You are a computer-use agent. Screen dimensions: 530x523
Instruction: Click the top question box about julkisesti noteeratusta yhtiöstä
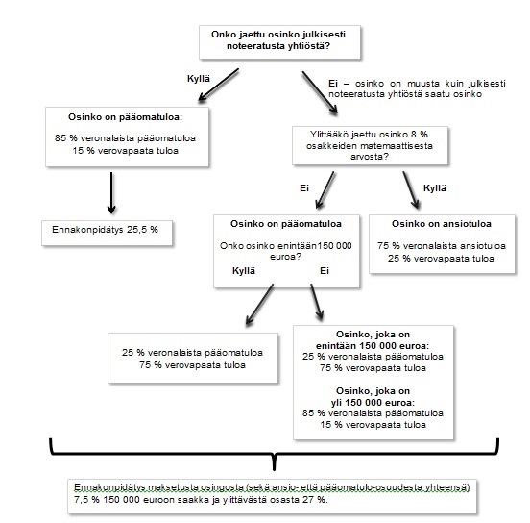(279, 42)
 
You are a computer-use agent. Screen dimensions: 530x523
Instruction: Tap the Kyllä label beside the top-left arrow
(199, 79)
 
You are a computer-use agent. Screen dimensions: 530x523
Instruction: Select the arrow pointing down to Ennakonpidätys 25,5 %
(111, 193)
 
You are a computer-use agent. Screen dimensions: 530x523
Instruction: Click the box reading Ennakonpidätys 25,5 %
(107, 233)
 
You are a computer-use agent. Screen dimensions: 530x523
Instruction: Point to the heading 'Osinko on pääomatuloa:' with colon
(125, 117)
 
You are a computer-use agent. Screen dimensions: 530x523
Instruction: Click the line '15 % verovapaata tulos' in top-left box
(125, 151)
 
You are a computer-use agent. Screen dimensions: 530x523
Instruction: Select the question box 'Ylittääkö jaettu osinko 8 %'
(370, 145)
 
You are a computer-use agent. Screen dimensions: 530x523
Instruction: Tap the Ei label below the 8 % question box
(304, 188)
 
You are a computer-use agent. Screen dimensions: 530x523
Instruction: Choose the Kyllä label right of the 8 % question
(435, 188)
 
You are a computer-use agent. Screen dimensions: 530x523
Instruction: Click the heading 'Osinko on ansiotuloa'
(442, 224)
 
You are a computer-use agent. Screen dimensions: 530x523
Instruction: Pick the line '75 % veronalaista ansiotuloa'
(442, 246)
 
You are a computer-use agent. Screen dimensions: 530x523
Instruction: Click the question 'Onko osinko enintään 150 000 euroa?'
(285, 251)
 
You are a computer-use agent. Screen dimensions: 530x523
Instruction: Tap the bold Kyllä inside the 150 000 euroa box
(244, 271)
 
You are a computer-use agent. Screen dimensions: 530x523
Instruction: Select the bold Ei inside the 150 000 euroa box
(325, 271)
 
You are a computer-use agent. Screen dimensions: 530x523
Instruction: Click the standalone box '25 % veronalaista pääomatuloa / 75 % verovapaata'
(193, 359)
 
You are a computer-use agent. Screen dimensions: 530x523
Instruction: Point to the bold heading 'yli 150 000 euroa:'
(373, 403)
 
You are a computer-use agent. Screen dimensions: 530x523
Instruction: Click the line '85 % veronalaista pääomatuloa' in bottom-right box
(373, 413)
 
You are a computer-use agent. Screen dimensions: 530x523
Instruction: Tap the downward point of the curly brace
(274, 470)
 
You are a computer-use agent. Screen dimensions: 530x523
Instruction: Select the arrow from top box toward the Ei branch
(320, 92)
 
